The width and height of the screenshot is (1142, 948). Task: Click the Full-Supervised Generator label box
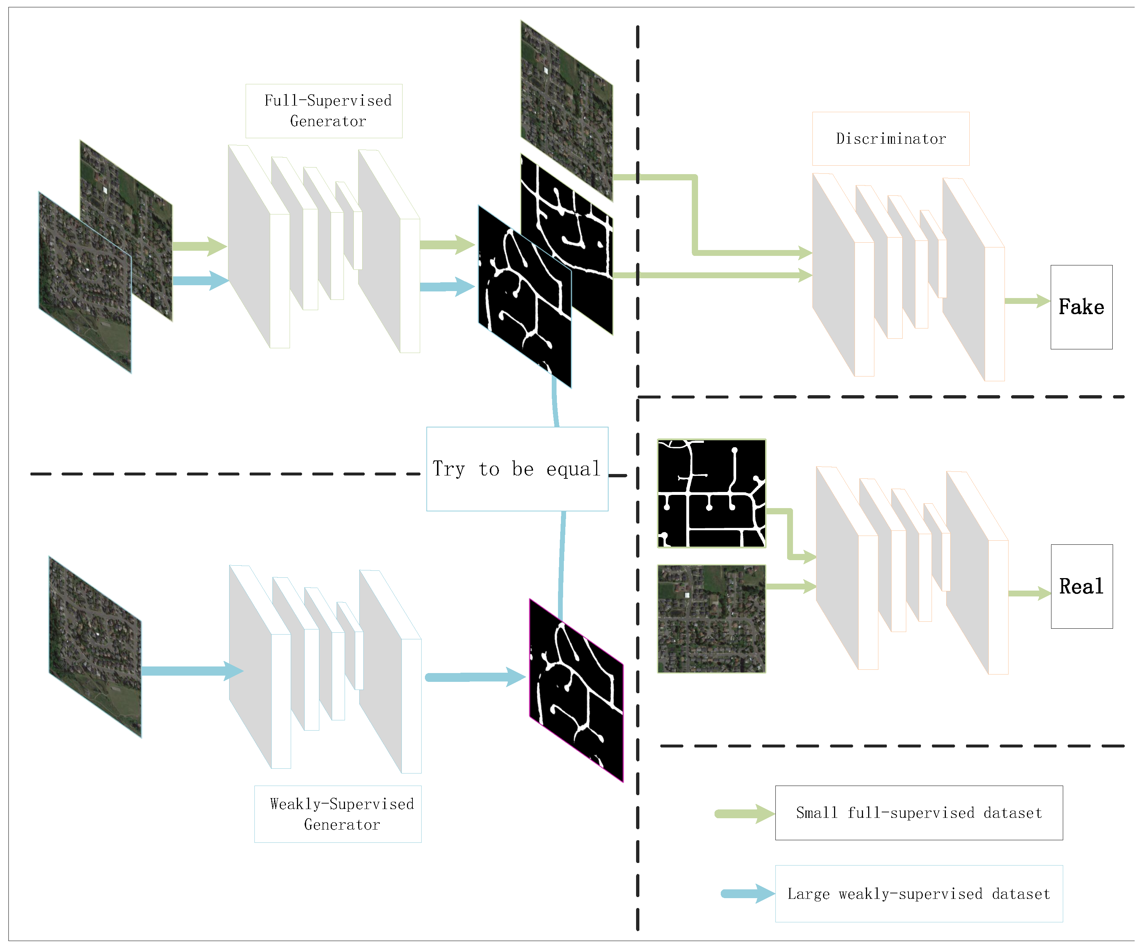point(324,111)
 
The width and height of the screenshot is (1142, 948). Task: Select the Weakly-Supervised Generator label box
point(338,814)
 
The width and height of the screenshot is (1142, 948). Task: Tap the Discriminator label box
point(890,139)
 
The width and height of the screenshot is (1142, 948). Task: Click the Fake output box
point(1081,307)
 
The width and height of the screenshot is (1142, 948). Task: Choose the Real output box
point(1081,586)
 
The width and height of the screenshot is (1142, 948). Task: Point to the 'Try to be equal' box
point(517,469)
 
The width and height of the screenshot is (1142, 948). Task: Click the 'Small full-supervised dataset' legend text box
point(918,813)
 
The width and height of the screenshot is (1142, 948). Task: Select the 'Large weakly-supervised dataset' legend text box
point(918,894)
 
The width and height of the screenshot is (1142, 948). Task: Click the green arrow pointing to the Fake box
point(1027,301)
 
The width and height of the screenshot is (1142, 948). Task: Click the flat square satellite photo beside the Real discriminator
point(711,619)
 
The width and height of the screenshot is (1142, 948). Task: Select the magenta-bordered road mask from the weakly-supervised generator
point(576,691)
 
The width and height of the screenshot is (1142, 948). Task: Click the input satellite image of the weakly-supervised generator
point(95,647)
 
